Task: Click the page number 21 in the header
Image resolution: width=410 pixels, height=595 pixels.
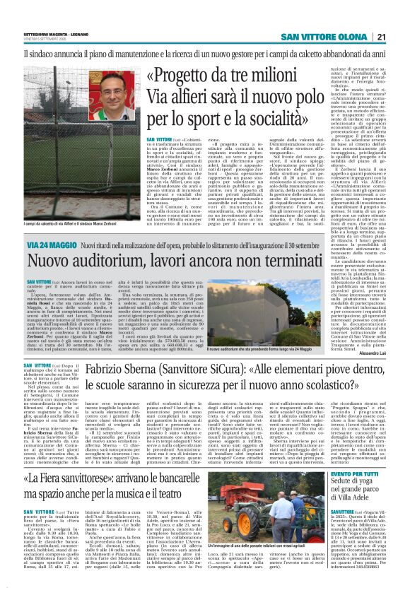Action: [x=381, y=37]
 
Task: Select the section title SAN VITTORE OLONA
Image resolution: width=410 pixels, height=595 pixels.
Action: [x=324, y=37]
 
